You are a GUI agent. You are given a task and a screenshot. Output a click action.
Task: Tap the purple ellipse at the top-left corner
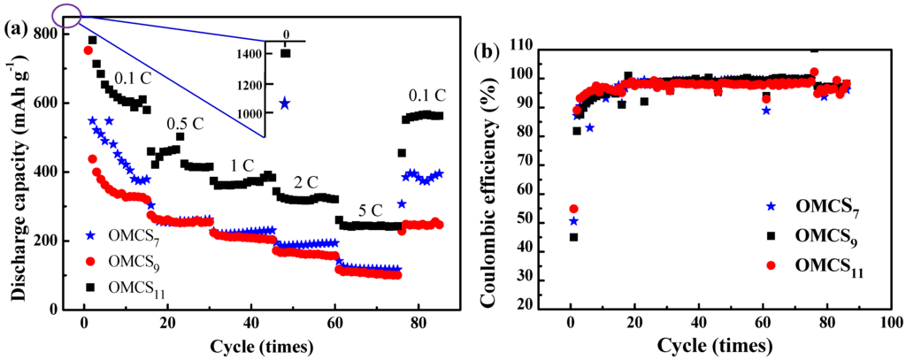(x=67, y=13)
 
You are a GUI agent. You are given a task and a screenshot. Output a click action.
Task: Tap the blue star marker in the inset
(x=284, y=103)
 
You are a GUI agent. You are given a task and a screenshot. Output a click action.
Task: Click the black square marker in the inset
(x=285, y=53)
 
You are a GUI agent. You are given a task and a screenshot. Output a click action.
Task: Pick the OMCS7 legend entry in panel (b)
(x=811, y=208)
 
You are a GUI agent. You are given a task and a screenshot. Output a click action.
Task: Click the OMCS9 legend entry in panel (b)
(x=811, y=236)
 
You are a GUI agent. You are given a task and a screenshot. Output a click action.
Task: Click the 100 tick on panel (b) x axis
(x=889, y=322)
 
